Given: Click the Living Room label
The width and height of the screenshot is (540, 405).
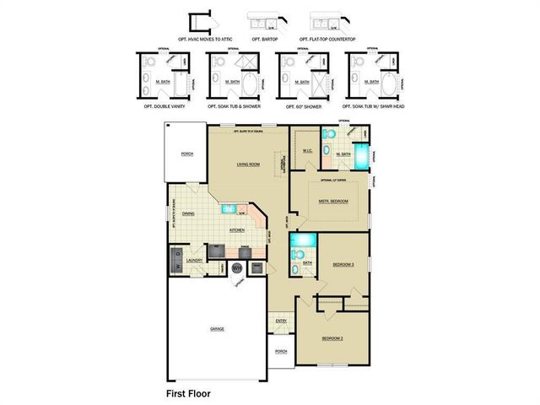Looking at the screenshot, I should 248,165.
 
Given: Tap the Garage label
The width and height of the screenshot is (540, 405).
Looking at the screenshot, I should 217,328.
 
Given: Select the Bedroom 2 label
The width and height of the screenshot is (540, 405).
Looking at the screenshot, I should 332,337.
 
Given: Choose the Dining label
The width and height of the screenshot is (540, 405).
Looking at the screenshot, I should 188,213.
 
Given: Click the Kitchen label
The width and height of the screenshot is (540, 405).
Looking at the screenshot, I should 237,230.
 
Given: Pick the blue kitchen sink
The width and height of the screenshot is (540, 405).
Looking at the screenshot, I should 229,208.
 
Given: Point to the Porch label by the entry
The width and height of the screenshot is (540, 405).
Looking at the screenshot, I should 281,351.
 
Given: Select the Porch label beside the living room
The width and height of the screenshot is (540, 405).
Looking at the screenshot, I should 186,154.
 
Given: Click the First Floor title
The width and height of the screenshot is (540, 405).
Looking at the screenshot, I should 188,393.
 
